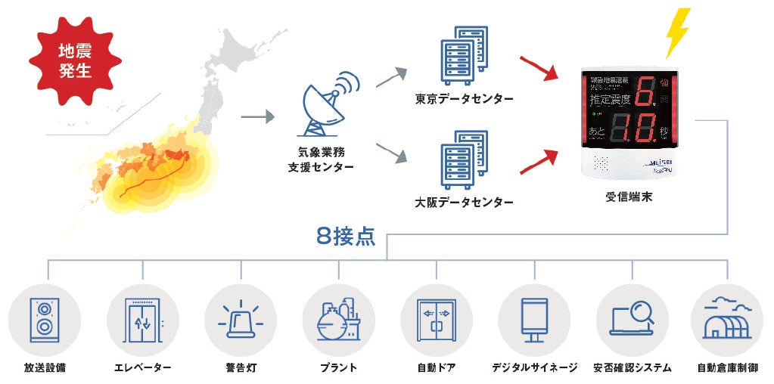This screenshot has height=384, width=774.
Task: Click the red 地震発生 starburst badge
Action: click(x=75, y=63)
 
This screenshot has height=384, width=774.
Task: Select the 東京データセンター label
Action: click(x=464, y=100)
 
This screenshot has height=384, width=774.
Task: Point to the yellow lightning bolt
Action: click(x=677, y=33)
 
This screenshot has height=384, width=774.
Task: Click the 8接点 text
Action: click(x=346, y=236)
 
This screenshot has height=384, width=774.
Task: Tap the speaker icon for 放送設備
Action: click(x=44, y=320)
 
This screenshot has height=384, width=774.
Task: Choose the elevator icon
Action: click(x=143, y=320)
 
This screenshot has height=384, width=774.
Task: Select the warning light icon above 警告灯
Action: click(x=241, y=320)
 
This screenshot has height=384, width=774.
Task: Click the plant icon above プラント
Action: click(x=338, y=320)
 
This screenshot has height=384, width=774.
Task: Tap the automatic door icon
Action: click(x=436, y=320)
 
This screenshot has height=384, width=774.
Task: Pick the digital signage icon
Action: click(x=534, y=320)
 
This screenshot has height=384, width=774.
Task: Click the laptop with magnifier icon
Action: click(x=632, y=320)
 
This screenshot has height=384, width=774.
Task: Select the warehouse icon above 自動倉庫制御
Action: click(x=728, y=320)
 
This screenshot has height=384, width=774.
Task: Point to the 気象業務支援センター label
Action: click(x=326, y=158)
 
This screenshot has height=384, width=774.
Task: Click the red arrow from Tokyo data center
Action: click(x=539, y=67)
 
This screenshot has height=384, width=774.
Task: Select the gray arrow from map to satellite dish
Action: click(x=257, y=118)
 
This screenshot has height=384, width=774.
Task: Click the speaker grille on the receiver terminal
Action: click(x=603, y=163)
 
